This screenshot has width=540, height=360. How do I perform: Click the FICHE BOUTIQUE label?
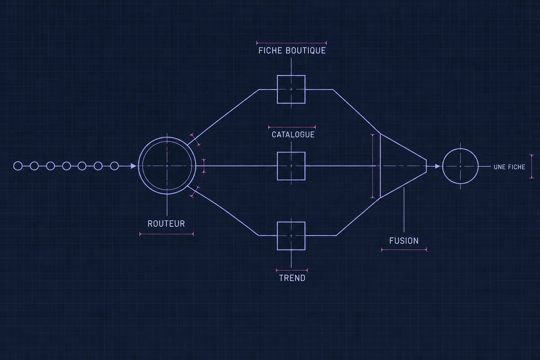pos(292,51)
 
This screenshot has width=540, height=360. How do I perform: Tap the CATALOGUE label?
pos(293,135)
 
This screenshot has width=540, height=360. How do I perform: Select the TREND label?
pos(292,278)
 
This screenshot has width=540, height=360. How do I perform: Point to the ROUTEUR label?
pos(166,224)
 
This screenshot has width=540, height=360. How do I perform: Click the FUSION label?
pos(404,241)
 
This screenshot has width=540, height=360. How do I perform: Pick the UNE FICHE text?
pos(509,167)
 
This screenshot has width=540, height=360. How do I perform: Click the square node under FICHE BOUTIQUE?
pos(277,90)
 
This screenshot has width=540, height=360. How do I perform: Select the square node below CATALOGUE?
pos(277,166)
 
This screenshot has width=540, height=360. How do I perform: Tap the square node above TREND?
pos(277,236)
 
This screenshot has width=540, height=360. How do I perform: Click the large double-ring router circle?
pos(139,166)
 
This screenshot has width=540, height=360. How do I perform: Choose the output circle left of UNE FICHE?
pos(443,166)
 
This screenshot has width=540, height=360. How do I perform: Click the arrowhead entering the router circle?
pos(133,166)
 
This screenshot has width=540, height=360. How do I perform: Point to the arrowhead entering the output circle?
pos(437,166)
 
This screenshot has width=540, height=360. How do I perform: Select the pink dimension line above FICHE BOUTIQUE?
pos(292,43)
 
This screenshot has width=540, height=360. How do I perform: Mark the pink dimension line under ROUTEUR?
pos(166,234)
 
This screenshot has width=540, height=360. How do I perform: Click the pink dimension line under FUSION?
pos(404,250)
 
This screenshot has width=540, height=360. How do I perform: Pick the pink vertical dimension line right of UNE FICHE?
pos(531,166)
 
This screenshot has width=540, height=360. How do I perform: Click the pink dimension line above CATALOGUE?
pos(292,127)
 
